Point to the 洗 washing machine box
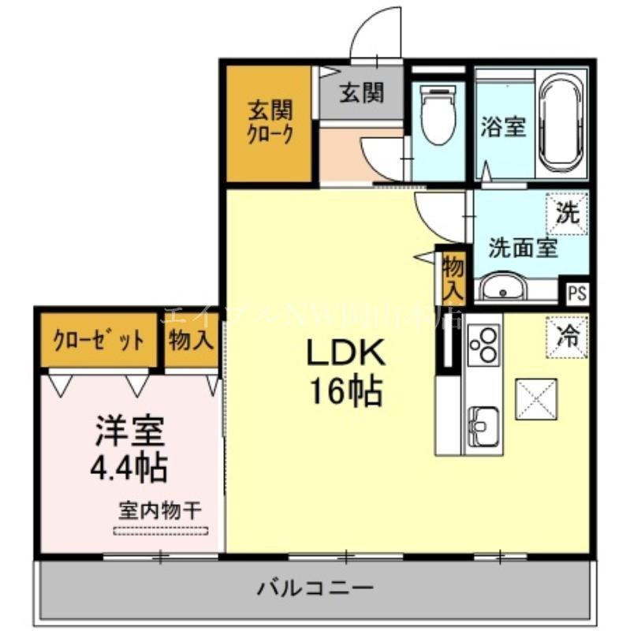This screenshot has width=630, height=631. tap(568, 213)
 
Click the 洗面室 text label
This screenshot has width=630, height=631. tap(523, 248)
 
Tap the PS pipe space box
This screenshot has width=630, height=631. tap(577, 293)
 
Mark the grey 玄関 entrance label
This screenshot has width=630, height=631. tap(361, 94)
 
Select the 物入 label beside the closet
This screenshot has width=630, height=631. tap(191, 342)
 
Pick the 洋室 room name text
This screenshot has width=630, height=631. tap(130, 432)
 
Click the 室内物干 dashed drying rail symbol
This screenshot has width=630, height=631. tap(161, 531)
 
